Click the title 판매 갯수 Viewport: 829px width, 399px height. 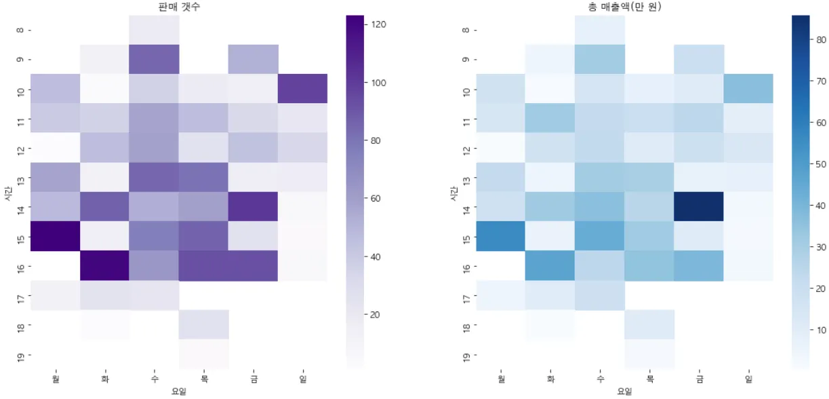pos(178,7)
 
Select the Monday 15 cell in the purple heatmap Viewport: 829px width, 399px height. pos(55,236)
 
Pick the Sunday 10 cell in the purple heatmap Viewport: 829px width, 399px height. pos(302,89)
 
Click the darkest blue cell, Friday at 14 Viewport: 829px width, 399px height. pos(699,206)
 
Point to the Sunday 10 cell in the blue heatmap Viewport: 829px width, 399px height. pos(748,89)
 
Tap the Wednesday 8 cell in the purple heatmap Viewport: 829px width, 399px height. pos(154,30)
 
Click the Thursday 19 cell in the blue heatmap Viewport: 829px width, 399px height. pos(649,354)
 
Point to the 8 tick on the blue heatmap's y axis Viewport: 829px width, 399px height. pos(466,30)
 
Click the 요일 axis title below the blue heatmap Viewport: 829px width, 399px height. pos(624,392)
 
